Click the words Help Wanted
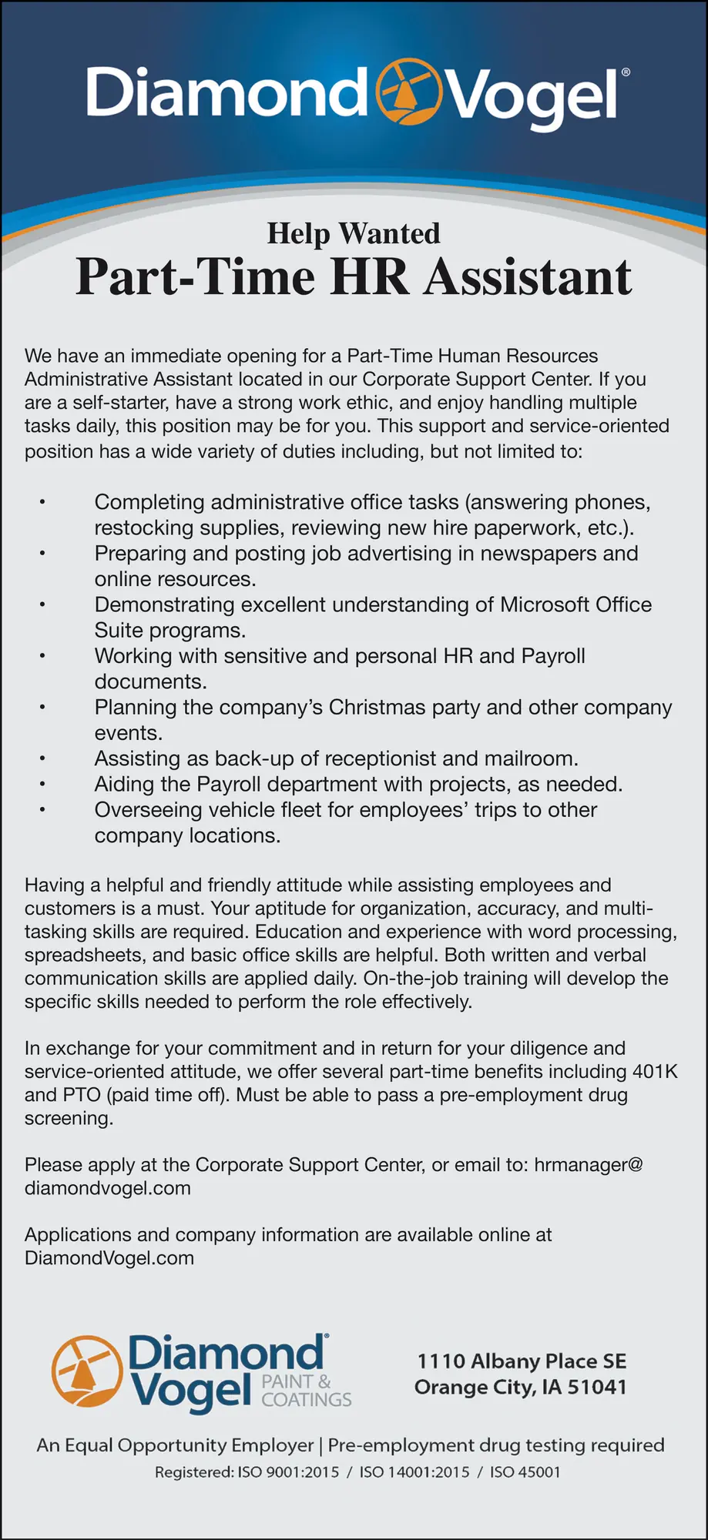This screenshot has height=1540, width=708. pos(354,233)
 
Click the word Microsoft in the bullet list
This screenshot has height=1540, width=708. pos(547,604)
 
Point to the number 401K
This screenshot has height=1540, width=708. pos(655,1071)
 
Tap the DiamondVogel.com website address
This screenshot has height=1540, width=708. pos(109,1258)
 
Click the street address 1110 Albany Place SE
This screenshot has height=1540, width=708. pos(522,1361)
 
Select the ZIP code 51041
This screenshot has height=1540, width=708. pos(597,1388)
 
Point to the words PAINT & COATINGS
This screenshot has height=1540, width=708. pos(306,1391)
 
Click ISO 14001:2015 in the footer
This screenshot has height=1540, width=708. pos(414,1472)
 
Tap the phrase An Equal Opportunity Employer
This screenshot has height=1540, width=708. pos(175,1445)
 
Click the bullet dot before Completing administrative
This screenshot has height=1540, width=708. pos(43,503)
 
